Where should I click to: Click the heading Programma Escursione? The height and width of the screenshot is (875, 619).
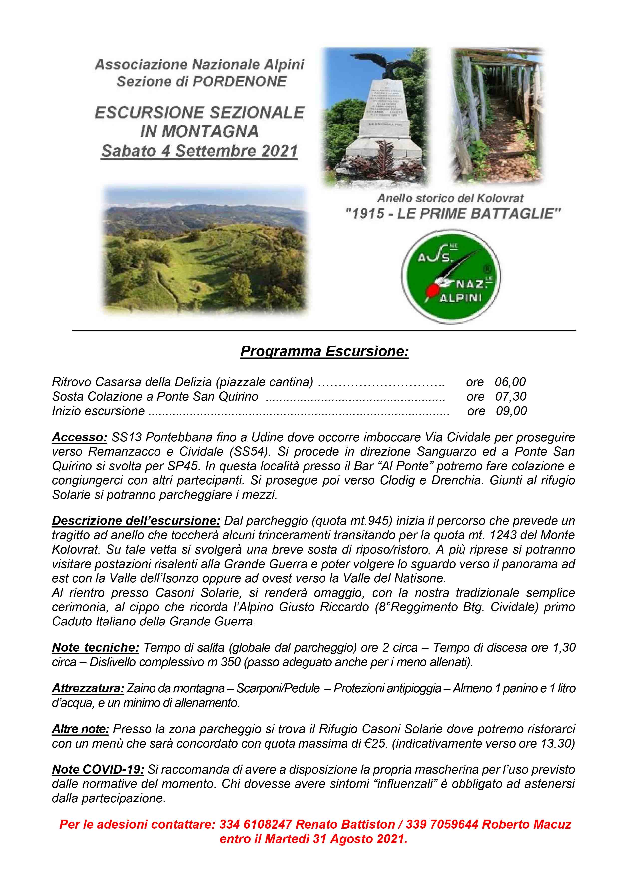coord(324,351)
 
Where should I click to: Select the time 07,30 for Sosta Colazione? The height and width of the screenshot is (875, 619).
coord(511,396)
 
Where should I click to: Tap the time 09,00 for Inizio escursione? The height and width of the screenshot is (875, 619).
coord(511,411)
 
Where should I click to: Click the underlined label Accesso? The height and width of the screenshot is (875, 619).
coord(79,437)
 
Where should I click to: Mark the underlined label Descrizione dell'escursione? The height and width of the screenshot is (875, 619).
coord(136,520)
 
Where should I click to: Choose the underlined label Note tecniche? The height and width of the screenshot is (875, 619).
coord(95,647)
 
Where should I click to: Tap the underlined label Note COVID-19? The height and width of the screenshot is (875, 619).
coord(98,769)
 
